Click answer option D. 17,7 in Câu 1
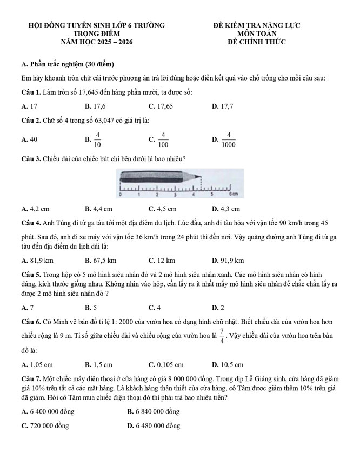click(x=223, y=106)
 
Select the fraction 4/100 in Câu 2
click(x=164, y=139)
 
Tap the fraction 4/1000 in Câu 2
click(x=228, y=139)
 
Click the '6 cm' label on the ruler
click(x=233, y=193)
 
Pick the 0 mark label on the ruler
click(x=120, y=194)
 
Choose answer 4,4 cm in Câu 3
click(x=98, y=208)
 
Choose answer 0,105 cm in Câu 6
click(x=166, y=364)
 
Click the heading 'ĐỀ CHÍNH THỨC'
click(x=257, y=42)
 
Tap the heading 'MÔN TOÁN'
click(x=257, y=34)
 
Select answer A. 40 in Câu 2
click(x=29, y=139)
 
